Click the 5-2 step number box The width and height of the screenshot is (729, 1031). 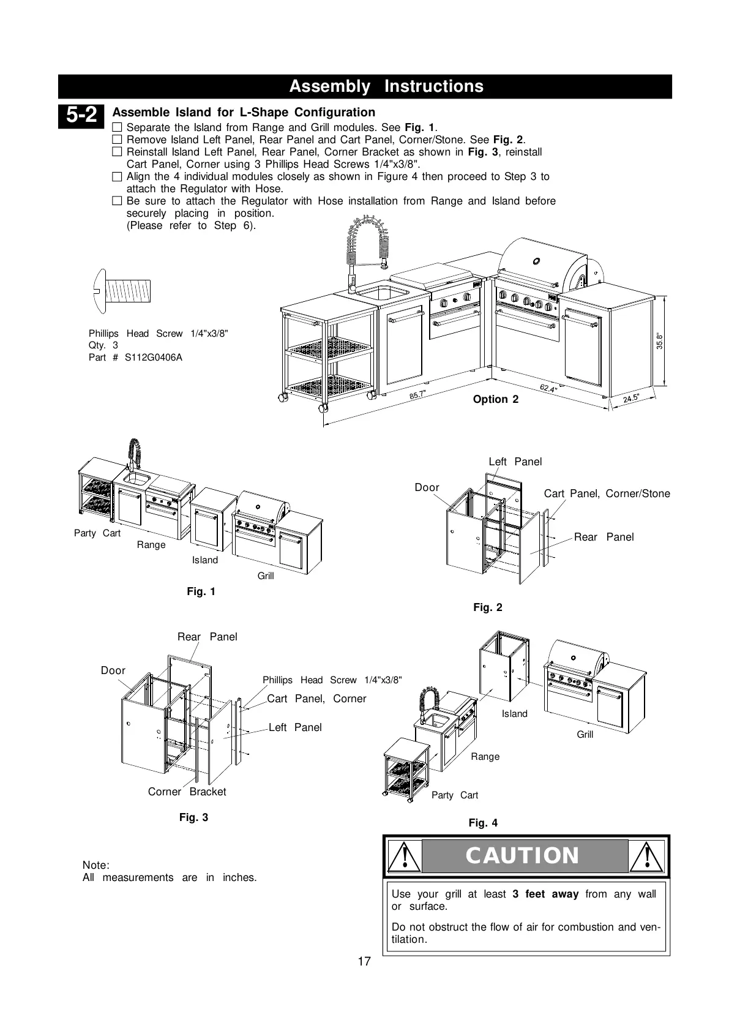[x=81, y=115]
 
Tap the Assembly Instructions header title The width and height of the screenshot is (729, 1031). [x=386, y=86]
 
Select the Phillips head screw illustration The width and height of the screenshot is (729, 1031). [x=122, y=290]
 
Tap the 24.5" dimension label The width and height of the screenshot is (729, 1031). [x=631, y=399]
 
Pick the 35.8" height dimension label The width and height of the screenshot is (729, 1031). [x=660, y=341]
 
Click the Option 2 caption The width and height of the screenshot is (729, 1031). [x=495, y=399]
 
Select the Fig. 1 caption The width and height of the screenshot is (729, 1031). [x=201, y=591]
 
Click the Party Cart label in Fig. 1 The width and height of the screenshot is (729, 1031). [x=97, y=533]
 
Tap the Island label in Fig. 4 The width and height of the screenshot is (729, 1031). [x=514, y=714]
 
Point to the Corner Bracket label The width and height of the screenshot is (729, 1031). [x=187, y=792]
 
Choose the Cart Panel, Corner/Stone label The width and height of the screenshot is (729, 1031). [x=607, y=493]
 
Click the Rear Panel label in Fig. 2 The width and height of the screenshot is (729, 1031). [x=604, y=537]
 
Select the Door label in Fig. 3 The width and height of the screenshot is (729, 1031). [x=113, y=670]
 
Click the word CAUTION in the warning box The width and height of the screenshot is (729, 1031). [x=522, y=855]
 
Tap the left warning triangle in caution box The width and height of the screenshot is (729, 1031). [x=404, y=855]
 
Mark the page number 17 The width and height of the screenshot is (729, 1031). [x=364, y=961]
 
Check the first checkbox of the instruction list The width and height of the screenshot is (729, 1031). [x=118, y=128]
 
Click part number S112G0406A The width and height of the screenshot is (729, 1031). [x=153, y=358]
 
